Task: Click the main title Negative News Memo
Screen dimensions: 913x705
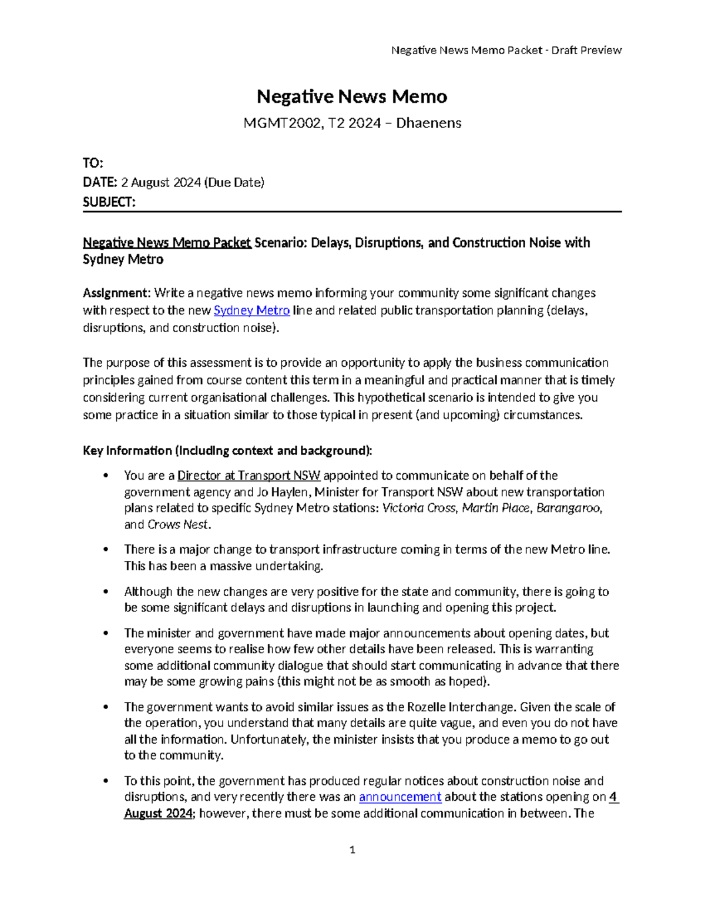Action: click(352, 96)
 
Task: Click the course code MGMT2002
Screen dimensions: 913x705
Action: click(273, 123)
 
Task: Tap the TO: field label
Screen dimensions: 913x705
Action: click(93, 163)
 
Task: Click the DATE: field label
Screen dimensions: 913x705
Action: click(100, 183)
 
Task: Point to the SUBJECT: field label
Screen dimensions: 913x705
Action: click(109, 202)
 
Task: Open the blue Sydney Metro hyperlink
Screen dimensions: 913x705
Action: click(251, 310)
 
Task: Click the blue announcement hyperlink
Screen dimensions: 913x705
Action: click(399, 797)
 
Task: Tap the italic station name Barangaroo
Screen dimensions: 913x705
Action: click(569, 508)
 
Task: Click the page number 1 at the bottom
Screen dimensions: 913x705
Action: click(352, 850)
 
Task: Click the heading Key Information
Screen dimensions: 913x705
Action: click(127, 451)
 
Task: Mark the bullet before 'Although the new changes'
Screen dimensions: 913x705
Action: click(106, 591)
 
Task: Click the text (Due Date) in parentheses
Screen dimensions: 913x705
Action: click(234, 183)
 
